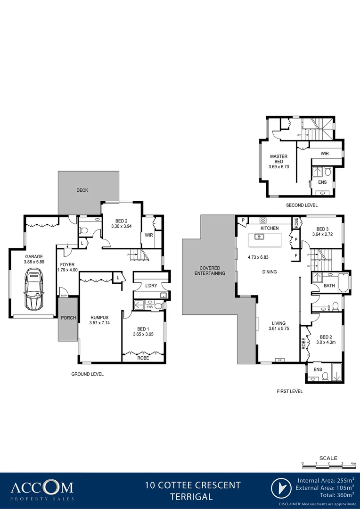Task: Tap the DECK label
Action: pyautogui.click(x=82, y=190)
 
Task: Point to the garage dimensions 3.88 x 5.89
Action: pyautogui.click(x=33, y=262)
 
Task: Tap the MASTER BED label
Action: pyautogui.click(x=278, y=159)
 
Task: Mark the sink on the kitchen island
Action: pyautogui.click(x=259, y=237)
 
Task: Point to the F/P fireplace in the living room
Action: pyautogui.click(x=280, y=360)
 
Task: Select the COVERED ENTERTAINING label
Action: pyautogui.click(x=210, y=271)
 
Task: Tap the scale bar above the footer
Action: pyautogui.click(x=328, y=464)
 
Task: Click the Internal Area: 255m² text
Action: pyautogui.click(x=326, y=481)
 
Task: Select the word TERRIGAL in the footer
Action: pyautogui.click(x=192, y=496)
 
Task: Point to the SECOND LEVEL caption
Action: pyautogui.click(x=302, y=205)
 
